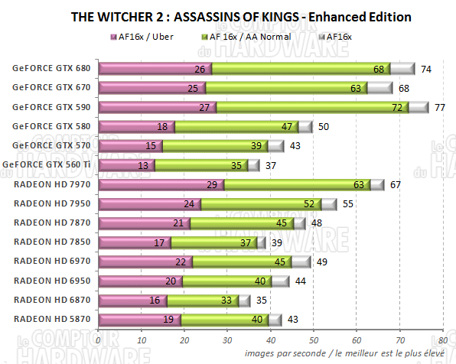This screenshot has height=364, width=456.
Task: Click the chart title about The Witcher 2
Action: click(240, 16)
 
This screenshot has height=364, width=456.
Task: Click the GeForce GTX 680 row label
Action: click(50, 68)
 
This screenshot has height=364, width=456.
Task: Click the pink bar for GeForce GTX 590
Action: click(157, 107)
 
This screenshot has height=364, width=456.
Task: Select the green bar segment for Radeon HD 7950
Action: click(260, 204)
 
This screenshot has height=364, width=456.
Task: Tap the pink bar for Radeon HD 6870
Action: click(132, 301)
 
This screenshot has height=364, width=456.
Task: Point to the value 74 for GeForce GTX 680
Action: click(426, 69)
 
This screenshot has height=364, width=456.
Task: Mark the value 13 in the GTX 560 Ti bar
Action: click(143, 165)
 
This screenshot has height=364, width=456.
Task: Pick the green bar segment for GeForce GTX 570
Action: click(214, 146)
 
